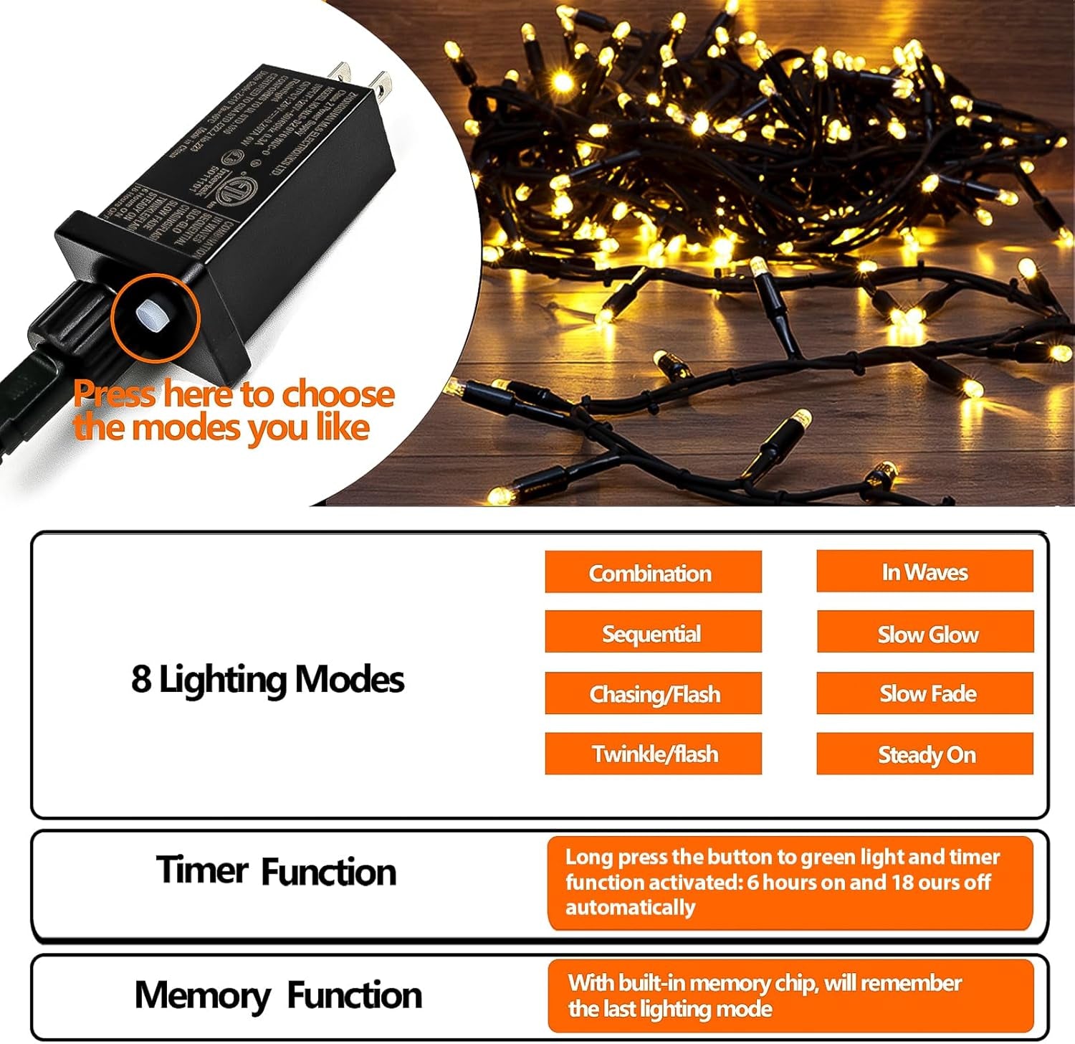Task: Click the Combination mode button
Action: point(652,572)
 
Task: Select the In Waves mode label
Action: point(924,571)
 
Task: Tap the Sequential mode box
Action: point(652,632)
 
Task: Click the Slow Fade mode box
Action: point(925,693)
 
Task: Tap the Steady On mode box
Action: point(925,754)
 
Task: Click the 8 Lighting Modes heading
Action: point(267,679)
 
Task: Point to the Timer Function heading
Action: point(276,871)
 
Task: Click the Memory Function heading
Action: point(278,995)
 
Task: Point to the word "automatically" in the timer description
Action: point(630,907)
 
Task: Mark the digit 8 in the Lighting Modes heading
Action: point(141,679)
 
